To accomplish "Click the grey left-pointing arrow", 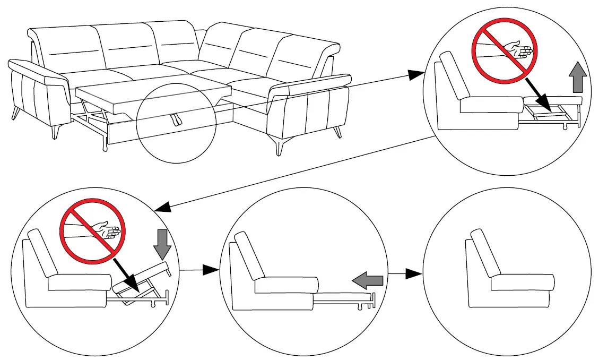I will [x=367, y=279].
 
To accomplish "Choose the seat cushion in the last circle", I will [x=522, y=282].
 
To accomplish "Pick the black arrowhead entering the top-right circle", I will [x=415, y=76].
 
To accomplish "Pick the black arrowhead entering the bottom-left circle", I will [x=162, y=207].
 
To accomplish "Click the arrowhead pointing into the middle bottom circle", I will [x=212, y=270].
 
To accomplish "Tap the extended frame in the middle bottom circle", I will [x=345, y=301].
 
